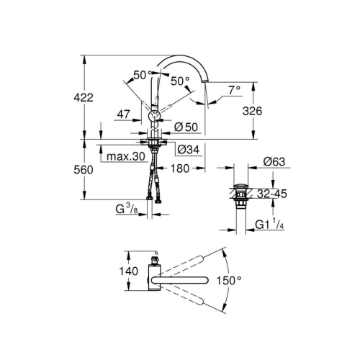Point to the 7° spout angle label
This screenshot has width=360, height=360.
click(x=233, y=91)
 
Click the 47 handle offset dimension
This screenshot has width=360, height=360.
click(x=123, y=114)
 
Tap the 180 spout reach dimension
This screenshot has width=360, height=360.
click(x=180, y=169)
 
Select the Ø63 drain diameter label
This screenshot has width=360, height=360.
click(x=275, y=162)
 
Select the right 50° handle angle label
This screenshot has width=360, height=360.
click(x=179, y=81)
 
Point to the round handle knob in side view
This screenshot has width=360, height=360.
click(x=153, y=113)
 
